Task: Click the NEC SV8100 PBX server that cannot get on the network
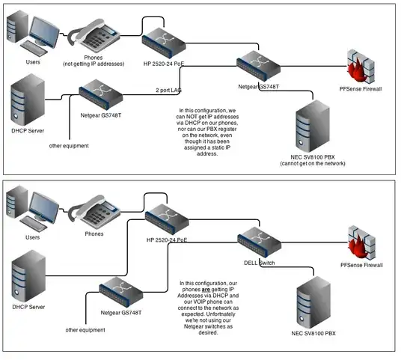click(313, 129)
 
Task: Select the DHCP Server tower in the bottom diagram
click(28, 277)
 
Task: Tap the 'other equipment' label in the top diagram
click(70, 145)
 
